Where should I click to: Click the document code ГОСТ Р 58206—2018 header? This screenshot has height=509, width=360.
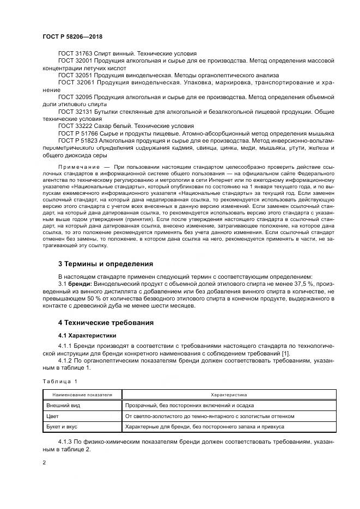click(x=72, y=36)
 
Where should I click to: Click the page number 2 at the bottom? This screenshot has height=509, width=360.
click(x=44, y=463)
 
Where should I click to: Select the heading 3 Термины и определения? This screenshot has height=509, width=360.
click(x=106, y=264)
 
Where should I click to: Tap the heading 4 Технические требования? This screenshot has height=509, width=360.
click(x=106, y=323)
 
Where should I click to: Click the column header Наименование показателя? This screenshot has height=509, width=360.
click(x=82, y=394)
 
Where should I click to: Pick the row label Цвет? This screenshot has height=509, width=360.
click(x=53, y=416)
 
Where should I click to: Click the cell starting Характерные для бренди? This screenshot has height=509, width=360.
click(x=204, y=427)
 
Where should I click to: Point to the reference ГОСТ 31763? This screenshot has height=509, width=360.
click(x=75, y=54)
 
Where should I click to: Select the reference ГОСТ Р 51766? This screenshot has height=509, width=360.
click(x=77, y=132)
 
